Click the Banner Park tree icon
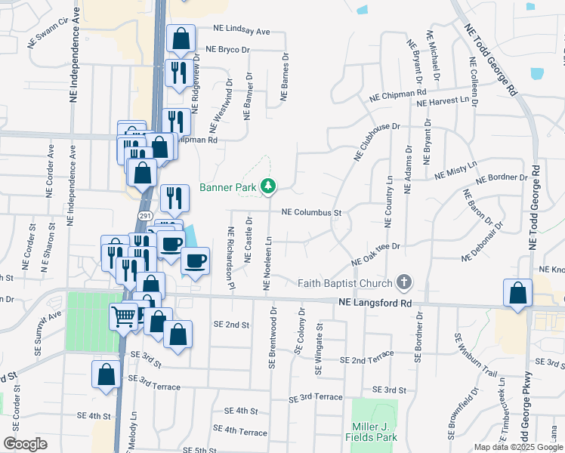click(267, 186)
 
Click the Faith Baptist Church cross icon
click(404, 283)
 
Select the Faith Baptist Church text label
click(345, 284)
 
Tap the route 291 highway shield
click(144, 216)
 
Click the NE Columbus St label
click(312, 214)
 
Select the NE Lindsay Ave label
click(242, 32)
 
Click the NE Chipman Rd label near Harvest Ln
click(399, 95)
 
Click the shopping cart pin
click(124, 315)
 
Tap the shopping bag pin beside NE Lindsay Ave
click(181, 39)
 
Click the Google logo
click(25, 444)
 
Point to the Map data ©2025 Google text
click(517, 447)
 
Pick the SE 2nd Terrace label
click(367, 360)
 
